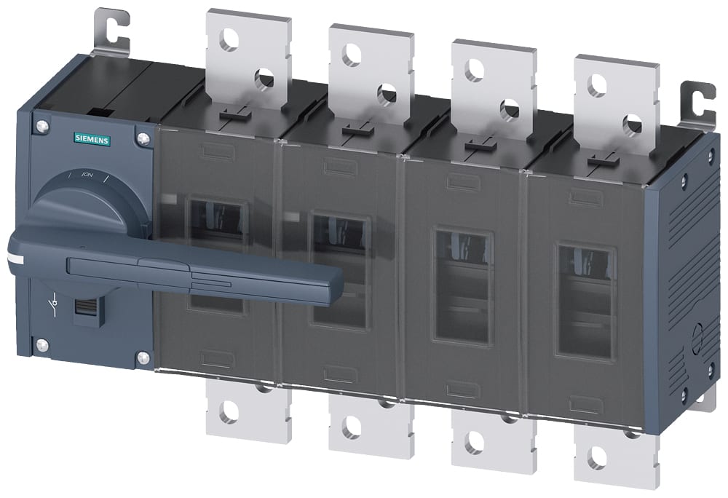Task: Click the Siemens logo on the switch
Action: coord(92,140)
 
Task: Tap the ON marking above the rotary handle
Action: coord(87,175)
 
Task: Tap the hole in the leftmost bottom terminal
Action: coord(229,413)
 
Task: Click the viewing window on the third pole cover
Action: coord(463,286)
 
